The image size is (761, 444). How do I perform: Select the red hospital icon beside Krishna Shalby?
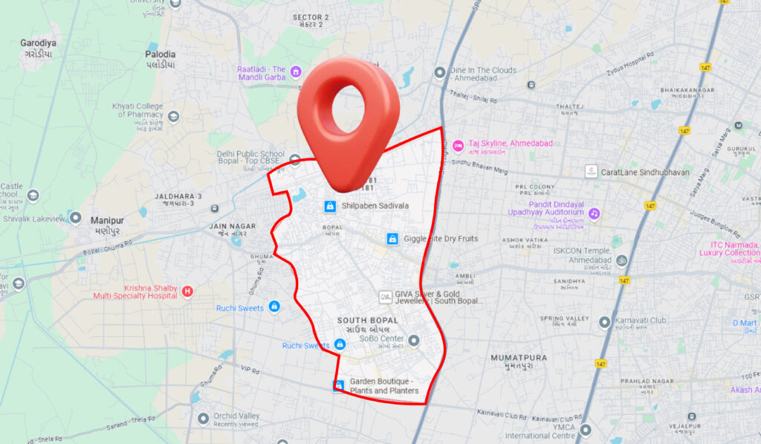187,291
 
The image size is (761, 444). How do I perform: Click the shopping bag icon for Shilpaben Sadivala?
329,205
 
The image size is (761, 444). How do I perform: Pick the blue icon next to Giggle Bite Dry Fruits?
392,239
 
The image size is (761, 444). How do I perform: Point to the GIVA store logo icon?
385,297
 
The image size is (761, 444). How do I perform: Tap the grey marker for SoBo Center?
414,341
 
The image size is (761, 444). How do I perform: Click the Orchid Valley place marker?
203,419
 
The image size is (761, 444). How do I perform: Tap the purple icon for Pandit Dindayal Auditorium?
594,213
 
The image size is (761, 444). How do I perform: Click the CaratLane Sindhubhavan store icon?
591,172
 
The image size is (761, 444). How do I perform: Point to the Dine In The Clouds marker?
439,72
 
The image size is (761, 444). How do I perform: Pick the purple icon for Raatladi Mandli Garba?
296,72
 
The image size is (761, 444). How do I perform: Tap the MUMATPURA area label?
519,358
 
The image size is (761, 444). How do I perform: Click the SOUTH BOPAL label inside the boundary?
372,321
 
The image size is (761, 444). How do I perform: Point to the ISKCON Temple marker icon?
621,260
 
